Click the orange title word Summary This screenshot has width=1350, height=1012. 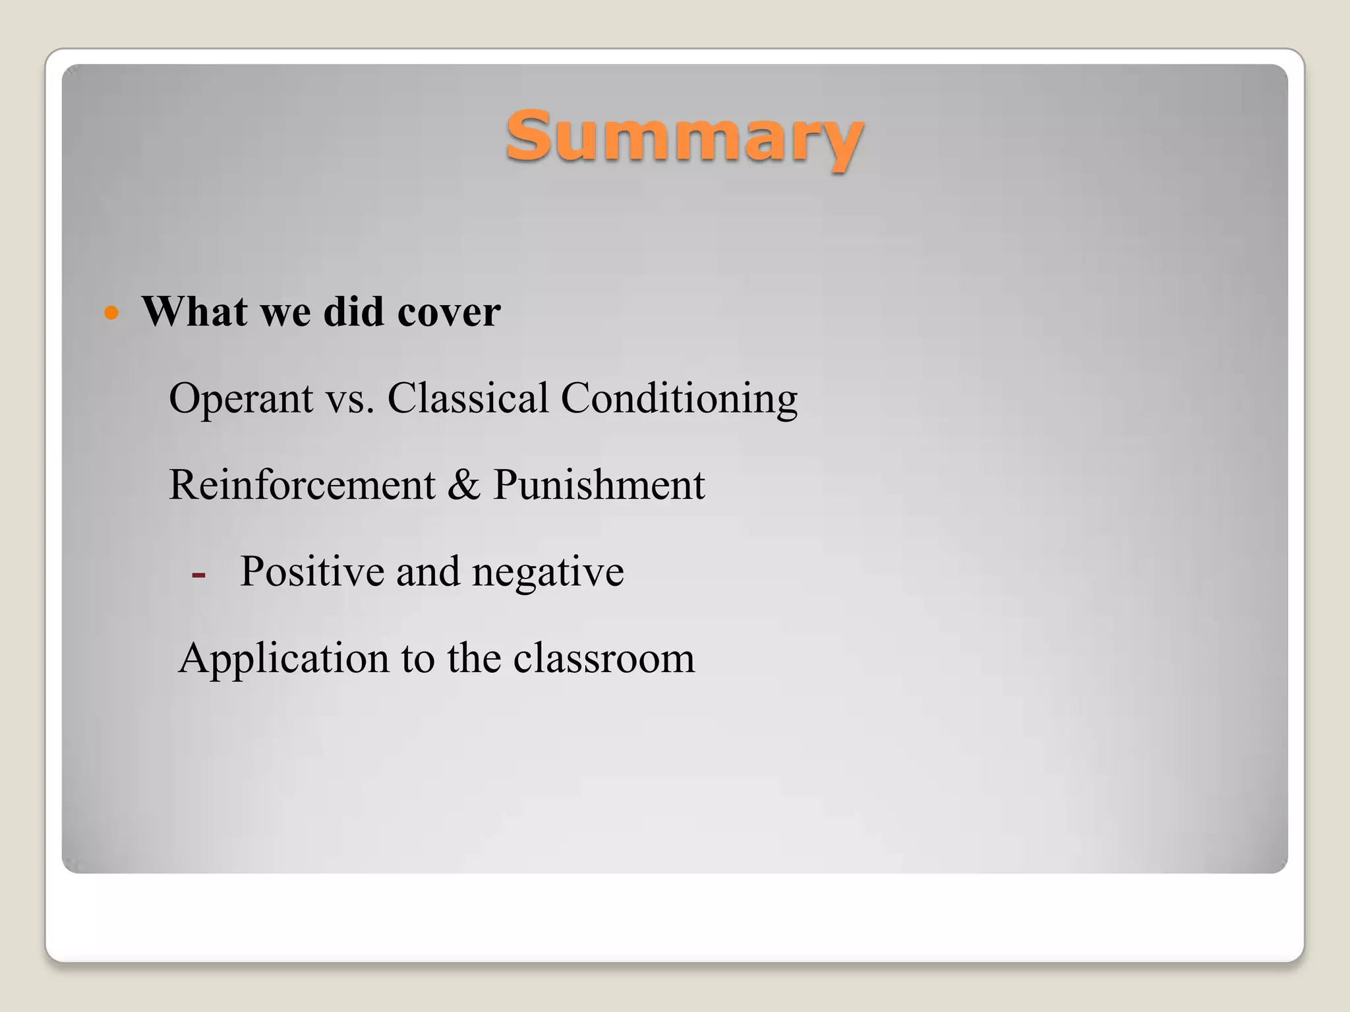(684, 137)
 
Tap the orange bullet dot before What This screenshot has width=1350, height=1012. (111, 312)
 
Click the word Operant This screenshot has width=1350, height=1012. (241, 399)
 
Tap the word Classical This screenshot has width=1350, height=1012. (467, 398)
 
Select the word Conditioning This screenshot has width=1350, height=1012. (679, 399)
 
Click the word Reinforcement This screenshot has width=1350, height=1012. (302, 485)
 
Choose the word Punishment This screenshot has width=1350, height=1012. (599, 485)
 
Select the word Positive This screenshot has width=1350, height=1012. (312, 571)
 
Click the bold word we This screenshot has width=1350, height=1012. (285, 313)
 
